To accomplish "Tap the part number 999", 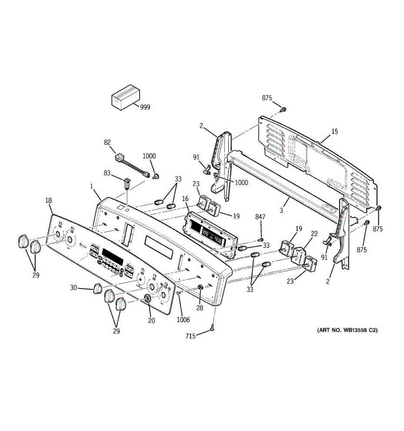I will (145, 107).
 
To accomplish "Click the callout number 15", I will (334, 132).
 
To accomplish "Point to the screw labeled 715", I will (213, 328).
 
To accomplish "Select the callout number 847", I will (260, 217).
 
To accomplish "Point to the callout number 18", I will (48, 200).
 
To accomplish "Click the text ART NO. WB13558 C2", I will (347, 330).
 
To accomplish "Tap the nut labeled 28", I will (200, 288).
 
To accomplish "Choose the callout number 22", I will (314, 234).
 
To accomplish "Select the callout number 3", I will (281, 210).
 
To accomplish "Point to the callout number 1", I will (92, 186).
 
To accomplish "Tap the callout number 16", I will (185, 198).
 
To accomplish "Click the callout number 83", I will (107, 173).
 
